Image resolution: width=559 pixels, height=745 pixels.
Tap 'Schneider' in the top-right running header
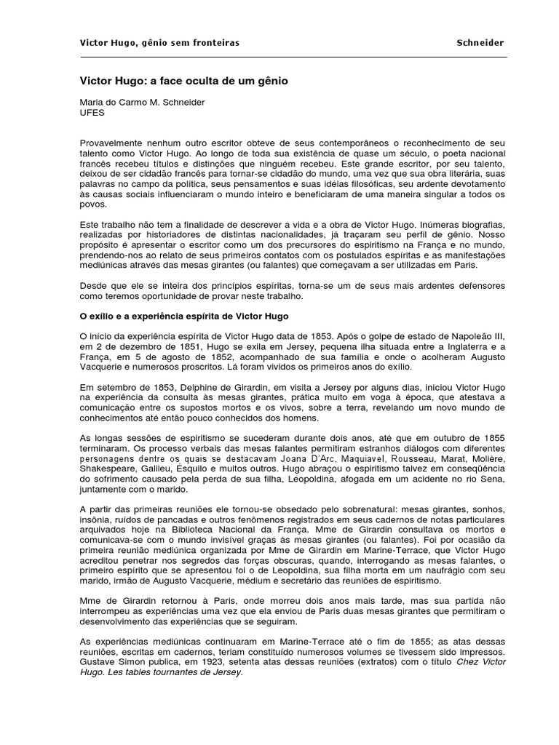480,43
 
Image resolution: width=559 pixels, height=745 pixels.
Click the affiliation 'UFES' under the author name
92,113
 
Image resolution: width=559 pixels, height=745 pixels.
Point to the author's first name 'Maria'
92,103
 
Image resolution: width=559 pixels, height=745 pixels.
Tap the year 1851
191,348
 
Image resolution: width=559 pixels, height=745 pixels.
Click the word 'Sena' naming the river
494,480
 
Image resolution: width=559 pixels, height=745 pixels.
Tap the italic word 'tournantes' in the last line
172,673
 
